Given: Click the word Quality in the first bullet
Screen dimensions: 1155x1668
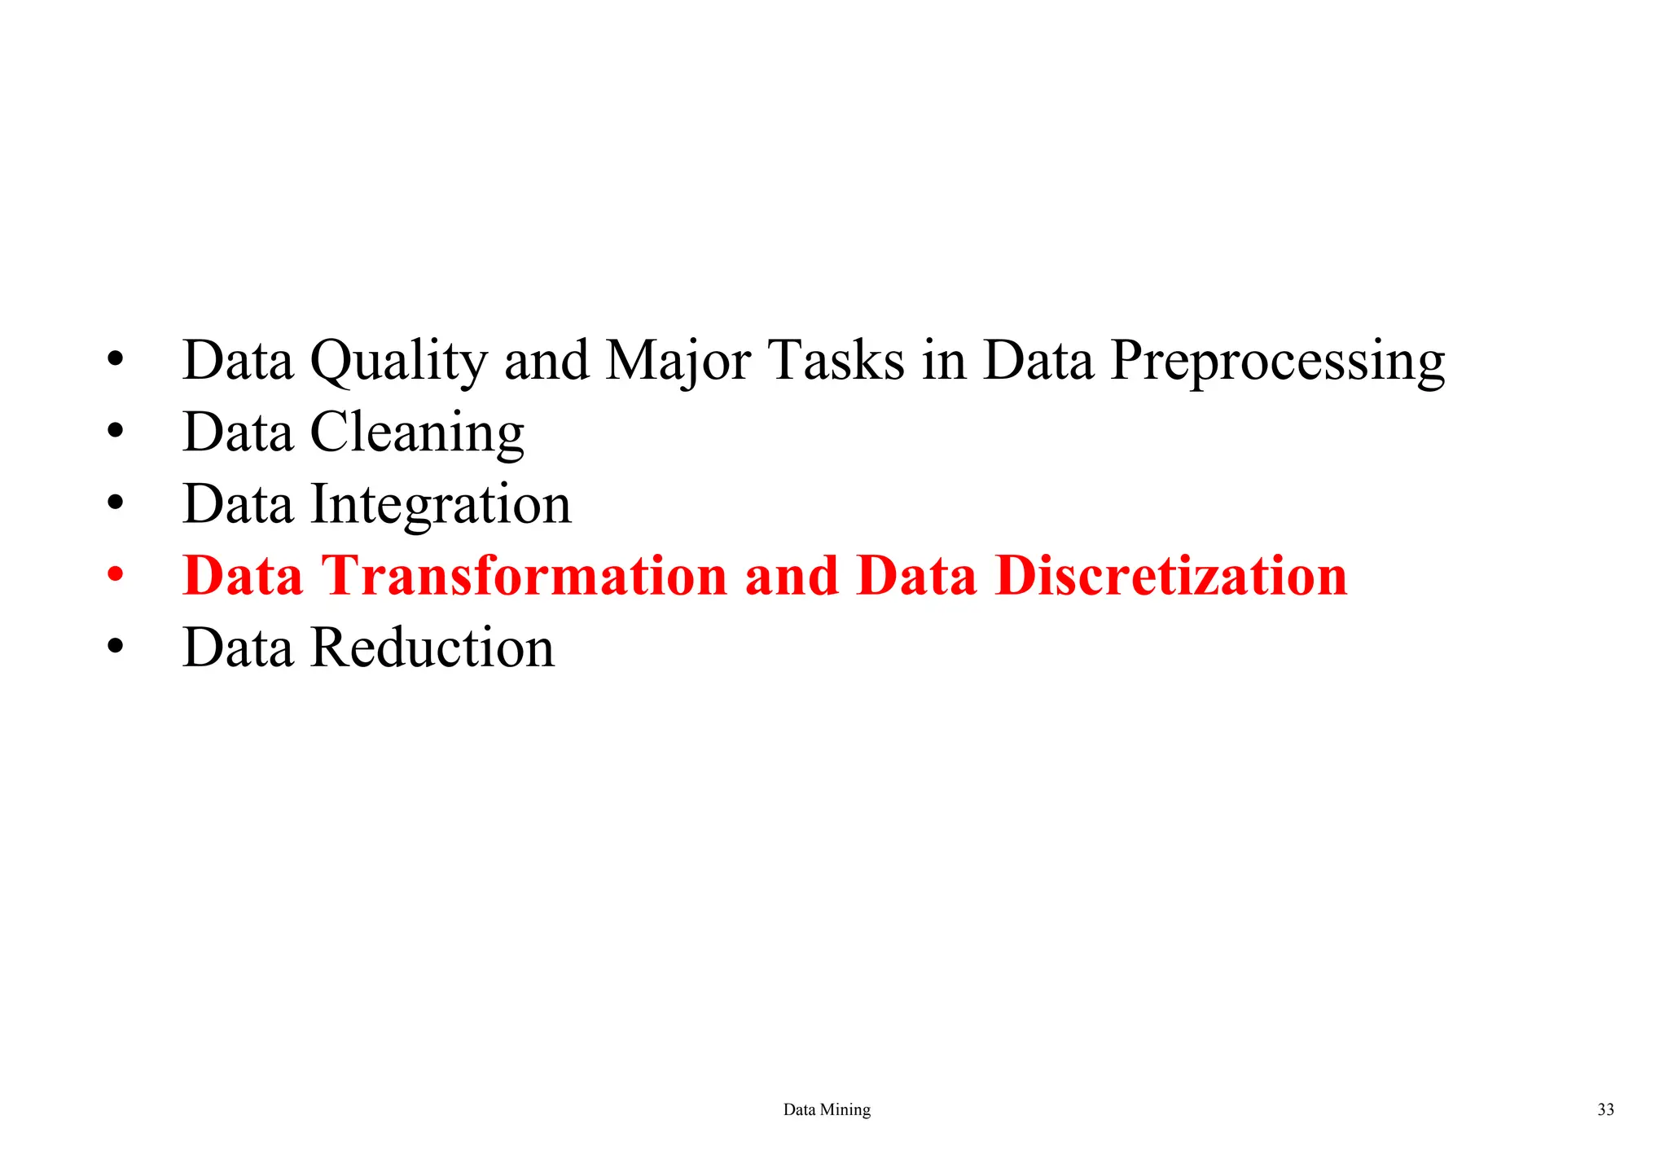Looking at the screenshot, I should tap(398, 361).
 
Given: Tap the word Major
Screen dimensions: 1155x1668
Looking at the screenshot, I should tap(678, 361).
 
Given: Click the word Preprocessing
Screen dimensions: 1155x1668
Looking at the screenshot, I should tap(1277, 361).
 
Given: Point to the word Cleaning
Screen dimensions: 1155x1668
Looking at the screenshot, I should tap(417, 433).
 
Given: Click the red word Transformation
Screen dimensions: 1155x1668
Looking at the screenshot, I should tap(524, 576).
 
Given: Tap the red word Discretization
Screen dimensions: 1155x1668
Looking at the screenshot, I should tap(1171, 576).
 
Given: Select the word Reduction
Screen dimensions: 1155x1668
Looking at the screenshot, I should tap(432, 648).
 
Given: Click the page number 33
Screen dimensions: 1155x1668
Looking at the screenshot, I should tap(1605, 1109).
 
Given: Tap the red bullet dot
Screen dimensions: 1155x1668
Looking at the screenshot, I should tap(116, 576).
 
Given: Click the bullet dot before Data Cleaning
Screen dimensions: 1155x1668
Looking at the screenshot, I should tap(116, 432).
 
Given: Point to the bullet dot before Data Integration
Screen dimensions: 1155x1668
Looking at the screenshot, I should tap(116, 503).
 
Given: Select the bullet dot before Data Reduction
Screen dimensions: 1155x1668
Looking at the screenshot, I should tap(116, 648).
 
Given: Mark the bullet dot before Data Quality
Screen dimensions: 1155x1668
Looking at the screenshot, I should tap(116, 359).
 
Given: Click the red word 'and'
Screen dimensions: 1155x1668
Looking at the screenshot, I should tap(791, 576).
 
